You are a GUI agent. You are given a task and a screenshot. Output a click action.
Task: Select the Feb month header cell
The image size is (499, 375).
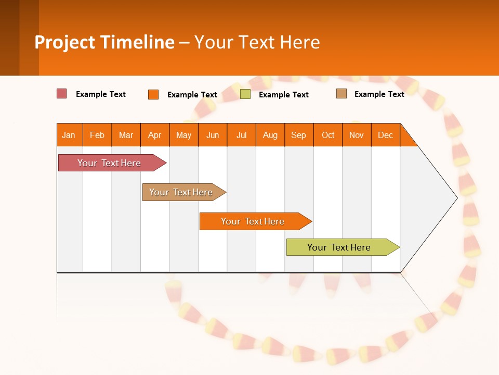click(x=97, y=135)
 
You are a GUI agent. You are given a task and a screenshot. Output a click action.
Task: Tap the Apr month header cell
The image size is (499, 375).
click(x=155, y=135)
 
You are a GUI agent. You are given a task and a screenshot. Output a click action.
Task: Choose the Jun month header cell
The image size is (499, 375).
click(x=213, y=135)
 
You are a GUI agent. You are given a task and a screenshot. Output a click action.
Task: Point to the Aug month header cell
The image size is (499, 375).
click(x=270, y=135)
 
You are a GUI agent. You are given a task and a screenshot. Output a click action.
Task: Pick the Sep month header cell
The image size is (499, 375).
click(x=299, y=135)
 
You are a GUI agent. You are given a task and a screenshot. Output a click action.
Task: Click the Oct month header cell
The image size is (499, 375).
click(x=328, y=135)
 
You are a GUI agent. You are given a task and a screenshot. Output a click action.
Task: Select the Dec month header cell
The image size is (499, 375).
click(x=386, y=135)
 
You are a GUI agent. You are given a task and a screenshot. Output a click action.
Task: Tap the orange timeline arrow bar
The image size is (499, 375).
click(x=253, y=221)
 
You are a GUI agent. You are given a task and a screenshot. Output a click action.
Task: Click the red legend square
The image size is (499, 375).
click(x=62, y=94)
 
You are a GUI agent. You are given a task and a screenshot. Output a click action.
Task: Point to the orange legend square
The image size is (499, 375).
click(x=153, y=94)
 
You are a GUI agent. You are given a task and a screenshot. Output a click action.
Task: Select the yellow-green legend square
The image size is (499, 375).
click(x=245, y=94)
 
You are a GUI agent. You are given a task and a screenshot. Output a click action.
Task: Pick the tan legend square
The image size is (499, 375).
click(x=342, y=94)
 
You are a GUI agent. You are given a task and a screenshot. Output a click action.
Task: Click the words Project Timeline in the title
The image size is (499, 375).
click(x=104, y=42)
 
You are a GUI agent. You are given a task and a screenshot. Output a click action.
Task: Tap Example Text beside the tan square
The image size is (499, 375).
click(x=379, y=94)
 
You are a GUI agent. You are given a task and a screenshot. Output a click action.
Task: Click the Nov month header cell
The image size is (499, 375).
click(x=357, y=135)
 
